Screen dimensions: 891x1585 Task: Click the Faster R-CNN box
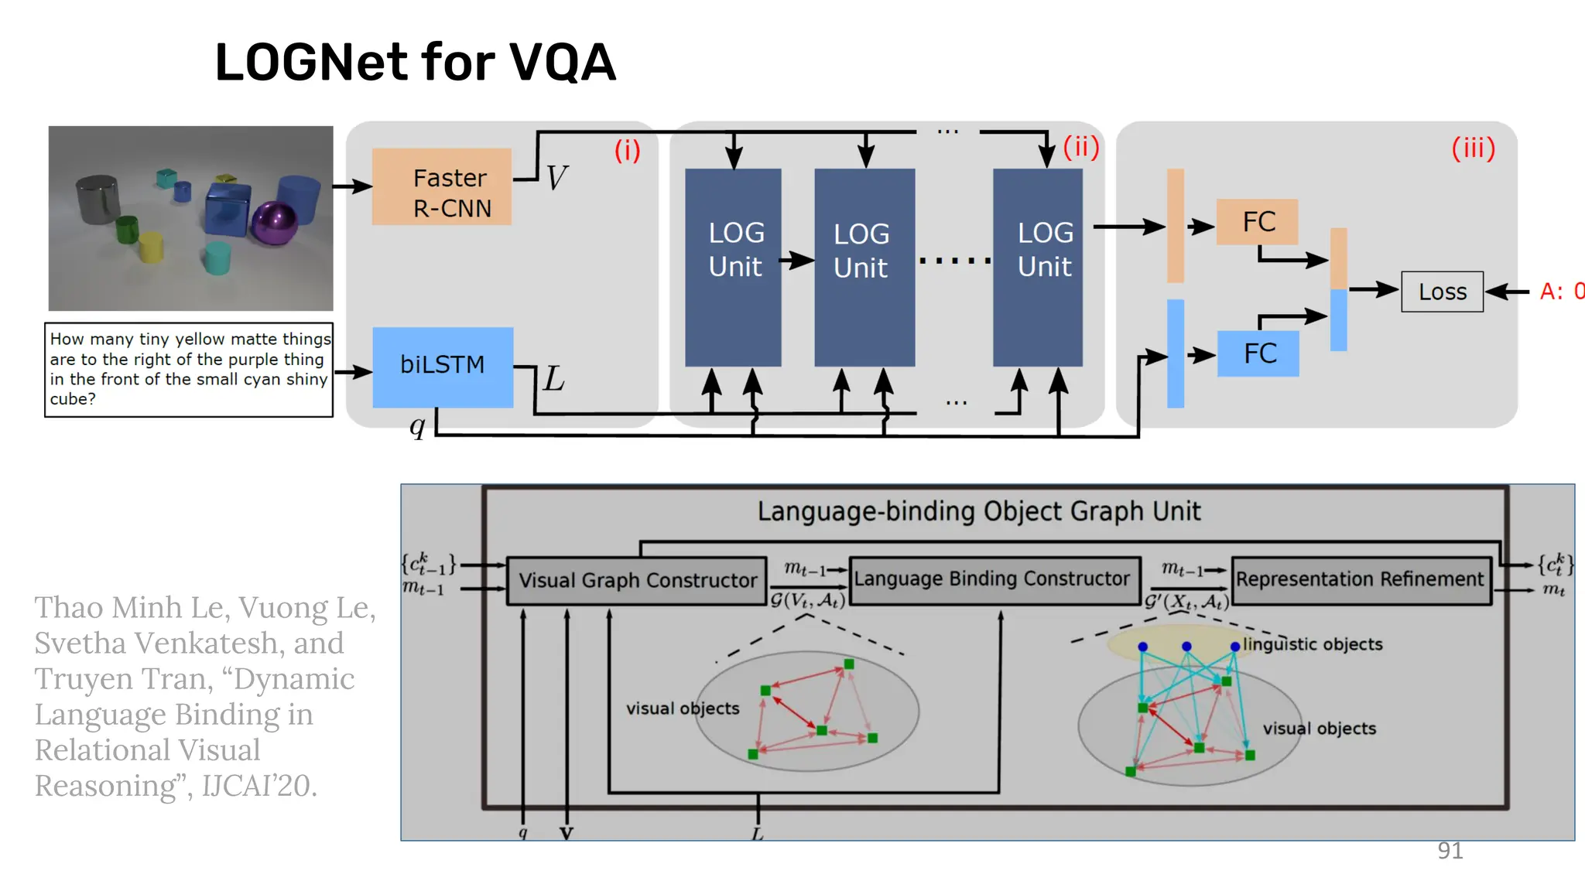(442, 186)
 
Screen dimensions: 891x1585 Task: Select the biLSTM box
(443, 367)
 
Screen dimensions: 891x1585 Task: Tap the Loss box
(1442, 292)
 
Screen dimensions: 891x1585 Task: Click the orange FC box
(1257, 222)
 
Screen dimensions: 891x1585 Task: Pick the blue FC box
(1258, 353)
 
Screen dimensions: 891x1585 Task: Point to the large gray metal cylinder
(98, 199)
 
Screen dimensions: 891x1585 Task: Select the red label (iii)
(1473, 148)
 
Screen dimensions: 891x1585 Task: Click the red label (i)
(627, 150)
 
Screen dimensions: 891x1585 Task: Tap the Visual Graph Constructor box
(637, 581)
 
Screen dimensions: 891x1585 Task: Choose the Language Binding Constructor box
(993, 579)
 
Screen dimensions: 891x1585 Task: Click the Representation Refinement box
(1360, 579)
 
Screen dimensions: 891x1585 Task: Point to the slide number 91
(1450, 850)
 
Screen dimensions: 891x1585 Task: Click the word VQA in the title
(562, 63)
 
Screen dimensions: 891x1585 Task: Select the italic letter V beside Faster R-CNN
(556, 179)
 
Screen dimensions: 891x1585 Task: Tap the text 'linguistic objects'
(1313, 644)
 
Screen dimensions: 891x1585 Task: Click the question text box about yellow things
(189, 369)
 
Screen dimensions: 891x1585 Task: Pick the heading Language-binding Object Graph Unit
(978, 511)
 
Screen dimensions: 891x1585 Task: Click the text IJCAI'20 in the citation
(258, 786)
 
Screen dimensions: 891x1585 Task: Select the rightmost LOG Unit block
(1038, 267)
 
